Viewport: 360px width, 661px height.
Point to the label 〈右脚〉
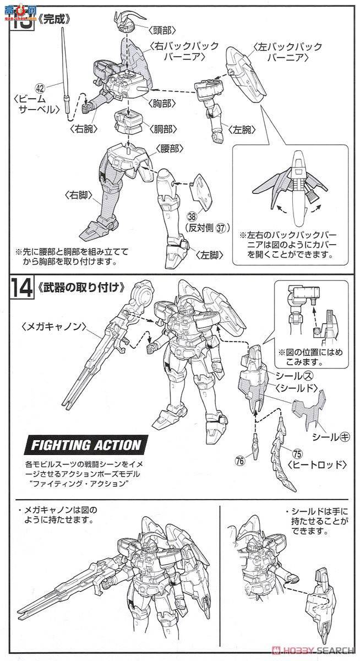click(80, 195)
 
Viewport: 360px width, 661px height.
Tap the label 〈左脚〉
click(210, 254)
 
